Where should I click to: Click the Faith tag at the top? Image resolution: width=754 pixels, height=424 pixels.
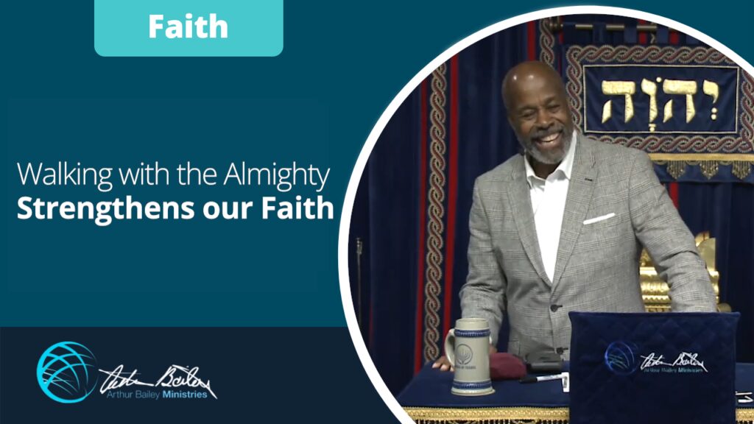click(188, 27)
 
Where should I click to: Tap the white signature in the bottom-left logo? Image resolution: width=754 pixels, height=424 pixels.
click(155, 374)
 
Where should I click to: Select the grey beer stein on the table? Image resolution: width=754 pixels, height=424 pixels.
click(472, 356)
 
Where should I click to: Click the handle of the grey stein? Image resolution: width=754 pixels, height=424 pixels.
click(450, 348)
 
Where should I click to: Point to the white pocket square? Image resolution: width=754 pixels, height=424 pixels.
click(598, 219)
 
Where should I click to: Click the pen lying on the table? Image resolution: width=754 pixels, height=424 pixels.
click(540, 378)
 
